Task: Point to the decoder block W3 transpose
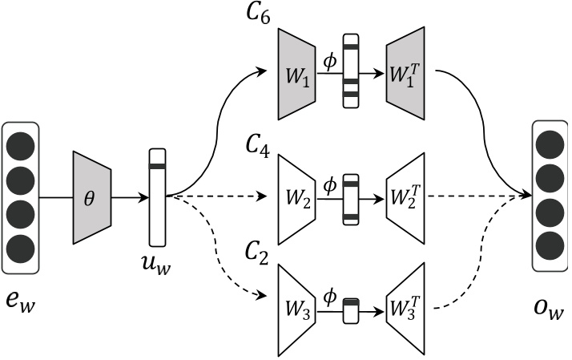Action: click(405, 308)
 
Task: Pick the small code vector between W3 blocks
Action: click(351, 309)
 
